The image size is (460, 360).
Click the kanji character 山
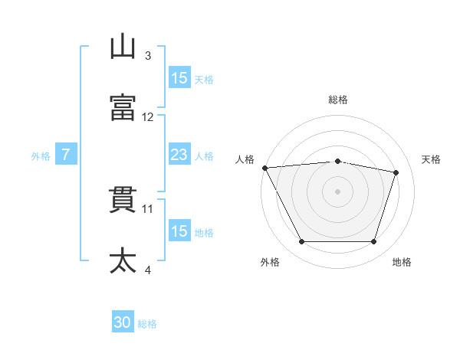(123, 47)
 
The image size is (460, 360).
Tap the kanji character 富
(123, 108)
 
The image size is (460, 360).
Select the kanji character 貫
(123, 199)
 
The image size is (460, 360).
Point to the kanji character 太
(123, 260)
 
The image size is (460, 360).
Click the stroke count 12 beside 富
(148, 117)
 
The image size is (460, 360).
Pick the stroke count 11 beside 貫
(148, 208)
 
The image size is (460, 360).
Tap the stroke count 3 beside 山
(148, 56)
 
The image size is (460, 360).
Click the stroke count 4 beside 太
(148, 270)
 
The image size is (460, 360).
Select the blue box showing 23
(179, 155)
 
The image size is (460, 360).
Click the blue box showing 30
(123, 323)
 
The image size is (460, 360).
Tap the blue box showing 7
(66, 155)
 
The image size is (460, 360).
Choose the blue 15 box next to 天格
(179, 78)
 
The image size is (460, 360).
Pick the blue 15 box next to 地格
(179, 231)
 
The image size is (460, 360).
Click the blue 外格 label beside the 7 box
(41, 155)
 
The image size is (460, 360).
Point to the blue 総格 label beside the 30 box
(147, 324)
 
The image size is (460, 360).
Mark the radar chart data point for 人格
(264, 168)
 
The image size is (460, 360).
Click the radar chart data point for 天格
(396, 172)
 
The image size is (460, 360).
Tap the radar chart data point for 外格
(301, 242)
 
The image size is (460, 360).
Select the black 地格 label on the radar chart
(402, 262)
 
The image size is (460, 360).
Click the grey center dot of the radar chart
(337, 191)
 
